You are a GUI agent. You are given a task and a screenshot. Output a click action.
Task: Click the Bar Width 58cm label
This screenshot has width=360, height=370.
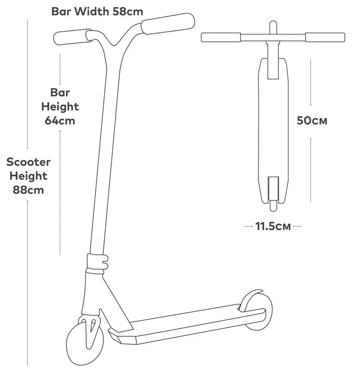(97, 11)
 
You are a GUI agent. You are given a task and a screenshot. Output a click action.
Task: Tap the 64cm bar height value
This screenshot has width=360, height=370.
(60, 120)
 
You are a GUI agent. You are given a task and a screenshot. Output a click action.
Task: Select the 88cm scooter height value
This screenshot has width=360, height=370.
(28, 190)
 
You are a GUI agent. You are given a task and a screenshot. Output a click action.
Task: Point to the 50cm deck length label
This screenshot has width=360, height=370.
(312, 120)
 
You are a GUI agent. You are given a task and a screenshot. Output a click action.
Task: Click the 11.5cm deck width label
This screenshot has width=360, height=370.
(273, 226)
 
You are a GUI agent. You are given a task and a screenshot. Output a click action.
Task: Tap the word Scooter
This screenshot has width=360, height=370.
(28, 162)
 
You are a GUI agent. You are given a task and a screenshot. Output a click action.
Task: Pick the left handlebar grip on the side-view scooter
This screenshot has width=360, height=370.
(72, 37)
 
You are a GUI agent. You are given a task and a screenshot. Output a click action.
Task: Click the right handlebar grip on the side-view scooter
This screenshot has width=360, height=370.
(168, 23)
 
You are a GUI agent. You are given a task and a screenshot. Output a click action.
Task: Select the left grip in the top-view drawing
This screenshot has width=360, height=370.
(221, 37)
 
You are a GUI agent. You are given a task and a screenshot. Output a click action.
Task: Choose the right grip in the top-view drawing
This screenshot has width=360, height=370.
(325, 37)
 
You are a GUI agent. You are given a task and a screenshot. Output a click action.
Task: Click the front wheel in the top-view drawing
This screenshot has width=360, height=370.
(273, 28)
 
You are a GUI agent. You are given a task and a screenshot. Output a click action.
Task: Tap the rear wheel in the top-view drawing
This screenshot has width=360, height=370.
(273, 206)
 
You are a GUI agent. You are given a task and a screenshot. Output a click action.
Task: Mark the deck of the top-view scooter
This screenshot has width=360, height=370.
(273, 131)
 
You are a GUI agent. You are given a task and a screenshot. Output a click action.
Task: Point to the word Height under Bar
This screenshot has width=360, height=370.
(60, 107)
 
